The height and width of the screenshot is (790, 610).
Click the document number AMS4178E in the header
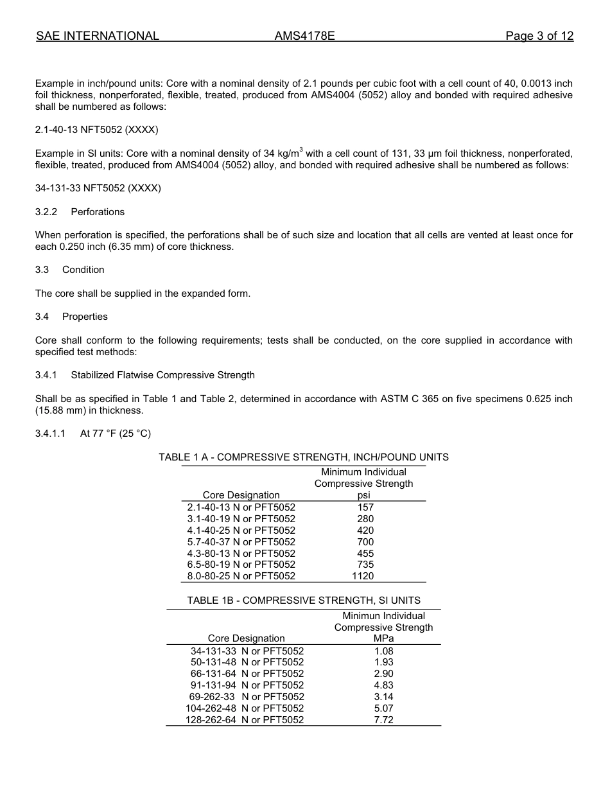point(304,36)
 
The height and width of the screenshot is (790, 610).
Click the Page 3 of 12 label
point(539,36)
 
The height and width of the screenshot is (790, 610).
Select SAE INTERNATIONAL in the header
point(98,36)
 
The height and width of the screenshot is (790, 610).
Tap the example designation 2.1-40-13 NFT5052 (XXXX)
point(96,130)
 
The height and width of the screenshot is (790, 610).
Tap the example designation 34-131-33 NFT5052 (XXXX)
point(98,188)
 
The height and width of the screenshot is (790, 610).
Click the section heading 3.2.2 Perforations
point(80,212)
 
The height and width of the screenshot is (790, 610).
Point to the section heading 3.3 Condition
point(69,270)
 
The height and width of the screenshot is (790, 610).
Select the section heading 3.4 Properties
point(71,317)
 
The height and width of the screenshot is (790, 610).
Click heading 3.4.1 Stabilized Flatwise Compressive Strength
point(144,375)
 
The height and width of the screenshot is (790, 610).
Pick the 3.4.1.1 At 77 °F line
point(93,434)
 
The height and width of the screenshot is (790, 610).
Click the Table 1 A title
point(304,457)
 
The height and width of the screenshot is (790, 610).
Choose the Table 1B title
point(304,601)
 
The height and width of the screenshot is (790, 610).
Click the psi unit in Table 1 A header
point(363,495)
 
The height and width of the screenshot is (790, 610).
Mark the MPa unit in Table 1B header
point(383,638)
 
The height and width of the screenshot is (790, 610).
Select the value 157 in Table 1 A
point(365,507)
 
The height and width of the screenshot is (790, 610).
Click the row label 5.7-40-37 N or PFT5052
point(241,542)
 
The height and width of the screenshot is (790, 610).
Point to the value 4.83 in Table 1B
point(383,685)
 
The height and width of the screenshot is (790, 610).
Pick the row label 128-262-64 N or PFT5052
point(245,720)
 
